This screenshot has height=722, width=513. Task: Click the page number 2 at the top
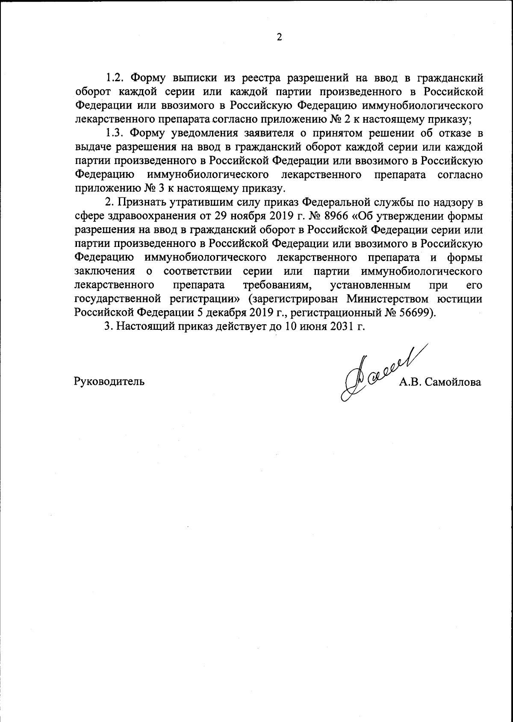coord(280,38)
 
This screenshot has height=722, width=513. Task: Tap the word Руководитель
coord(109,382)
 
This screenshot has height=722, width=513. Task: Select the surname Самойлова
coord(453,382)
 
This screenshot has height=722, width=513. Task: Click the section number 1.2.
coord(115,78)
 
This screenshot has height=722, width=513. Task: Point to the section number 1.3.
coord(115,133)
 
